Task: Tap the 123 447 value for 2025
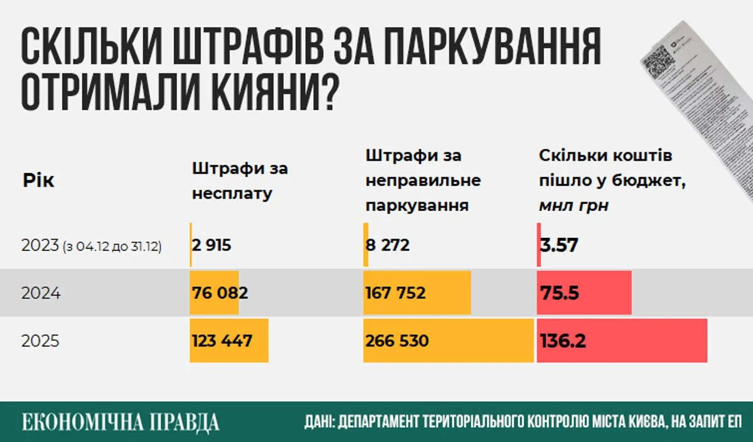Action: pos(222,341)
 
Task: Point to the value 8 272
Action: pos(387,245)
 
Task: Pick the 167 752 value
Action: pos(395,293)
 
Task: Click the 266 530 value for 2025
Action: pos(397,341)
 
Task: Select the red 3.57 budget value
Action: pos(558,245)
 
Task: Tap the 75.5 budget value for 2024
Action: pos(558,293)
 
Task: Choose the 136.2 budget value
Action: pos(563,341)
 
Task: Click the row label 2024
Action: pos(41,293)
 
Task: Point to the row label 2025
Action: pos(41,341)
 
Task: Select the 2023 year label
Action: pos(40,245)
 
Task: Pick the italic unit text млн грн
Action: pos(574,206)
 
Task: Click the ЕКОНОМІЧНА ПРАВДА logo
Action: pos(120,422)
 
